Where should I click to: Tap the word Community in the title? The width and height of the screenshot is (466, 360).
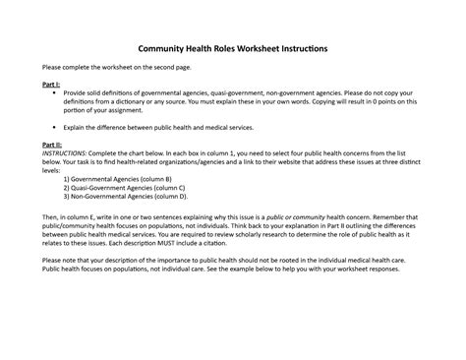(165, 48)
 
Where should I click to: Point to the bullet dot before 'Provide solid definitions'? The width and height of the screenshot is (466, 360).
(55, 94)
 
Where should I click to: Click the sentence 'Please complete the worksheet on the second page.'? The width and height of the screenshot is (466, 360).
(116, 67)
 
